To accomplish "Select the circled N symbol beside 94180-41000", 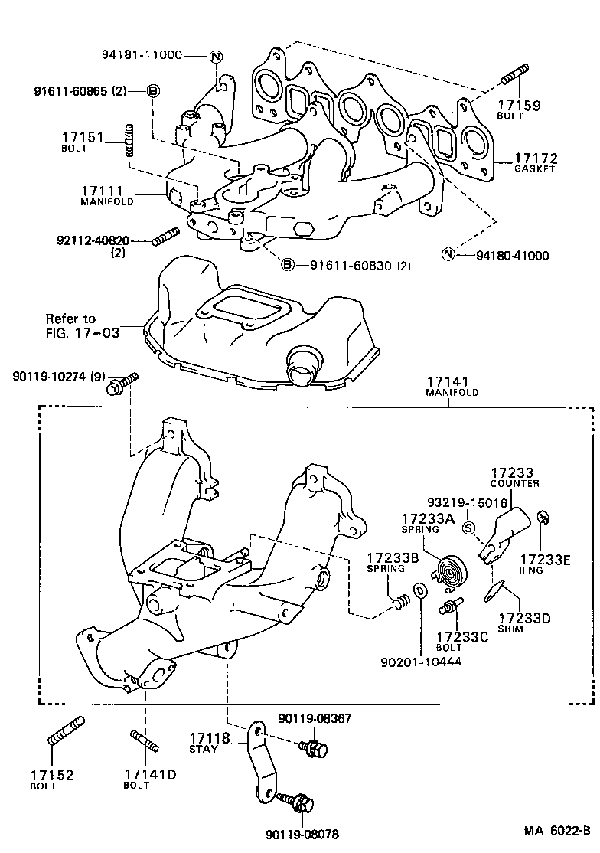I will tap(449, 255).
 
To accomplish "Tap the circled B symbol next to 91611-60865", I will tap(153, 92).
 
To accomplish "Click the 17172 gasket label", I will tap(536, 162).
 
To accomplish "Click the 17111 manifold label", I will tap(107, 194).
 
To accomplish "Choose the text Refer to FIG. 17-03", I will tap(70, 325).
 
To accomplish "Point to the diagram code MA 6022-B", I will tap(557, 831).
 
